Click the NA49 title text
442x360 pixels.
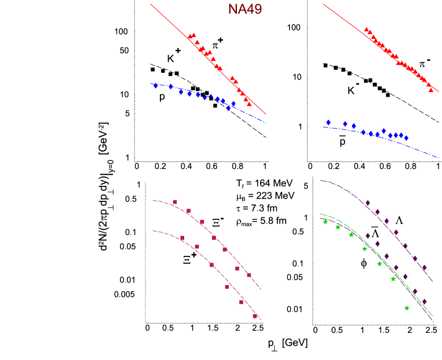244,9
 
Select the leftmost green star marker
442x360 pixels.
326,222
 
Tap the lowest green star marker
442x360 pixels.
407,308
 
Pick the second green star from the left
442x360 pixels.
338,227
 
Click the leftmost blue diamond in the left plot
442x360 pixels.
156,86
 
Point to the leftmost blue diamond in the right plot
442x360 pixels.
328,122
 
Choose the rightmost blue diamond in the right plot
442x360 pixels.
406,138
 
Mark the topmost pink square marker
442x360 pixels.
175,202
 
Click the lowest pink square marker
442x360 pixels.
255,316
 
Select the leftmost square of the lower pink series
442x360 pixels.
182,238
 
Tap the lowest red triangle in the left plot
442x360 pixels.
249,104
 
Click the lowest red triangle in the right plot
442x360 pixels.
431,90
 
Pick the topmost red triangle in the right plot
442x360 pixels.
366,30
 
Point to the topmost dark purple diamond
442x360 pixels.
367,203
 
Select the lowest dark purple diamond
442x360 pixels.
425,301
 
